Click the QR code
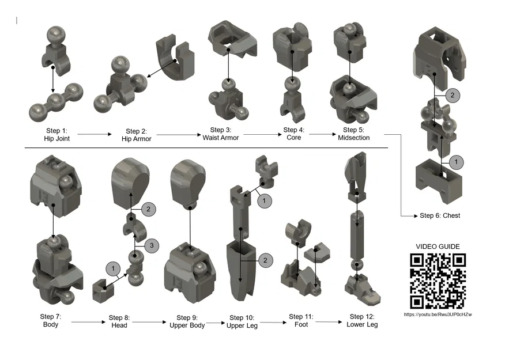pyautogui.click(x=438, y=281)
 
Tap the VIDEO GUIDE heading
pyautogui.click(x=438, y=247)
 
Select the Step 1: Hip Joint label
pyautogui.click(x=56, y=135)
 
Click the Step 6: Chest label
pyautogui.click(x=440, y=215)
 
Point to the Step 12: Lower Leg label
pyautogui.click(x=362, y=321)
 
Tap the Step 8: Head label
pyautogui.click(x=119, y=321)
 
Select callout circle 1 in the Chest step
pyautogui.click(x=456, y=162)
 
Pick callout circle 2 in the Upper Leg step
pyautogui.click(x=265, y=260)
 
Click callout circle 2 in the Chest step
pyautogui.click(x=453, y=95)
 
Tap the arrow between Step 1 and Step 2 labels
pyautogui.click(x=94, y=134)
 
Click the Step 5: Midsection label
pyautogui.click(x=353, y=134)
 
